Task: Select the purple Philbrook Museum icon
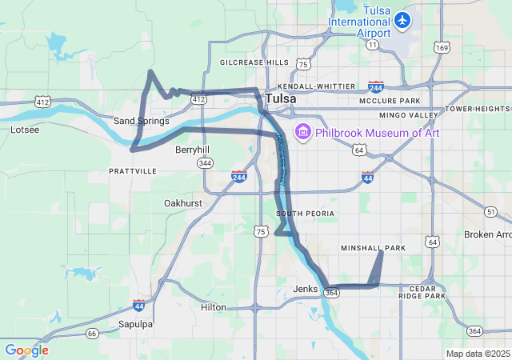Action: [303, 131]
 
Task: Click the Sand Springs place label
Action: [142, 121]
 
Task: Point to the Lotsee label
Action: [24, 129]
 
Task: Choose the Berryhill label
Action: [192, 150]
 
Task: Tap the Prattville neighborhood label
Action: [133, 171]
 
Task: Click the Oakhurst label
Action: [183, 203]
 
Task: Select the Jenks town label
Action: [306, 288]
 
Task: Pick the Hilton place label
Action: [214, 307]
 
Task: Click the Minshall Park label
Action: [373, 248]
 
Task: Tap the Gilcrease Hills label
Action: [254, 62]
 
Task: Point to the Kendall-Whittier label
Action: [316, 86]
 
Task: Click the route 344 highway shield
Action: [206, 163]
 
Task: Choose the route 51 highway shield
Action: [490, 211]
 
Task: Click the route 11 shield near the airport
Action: [373, 45]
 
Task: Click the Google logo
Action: [26, 350]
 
